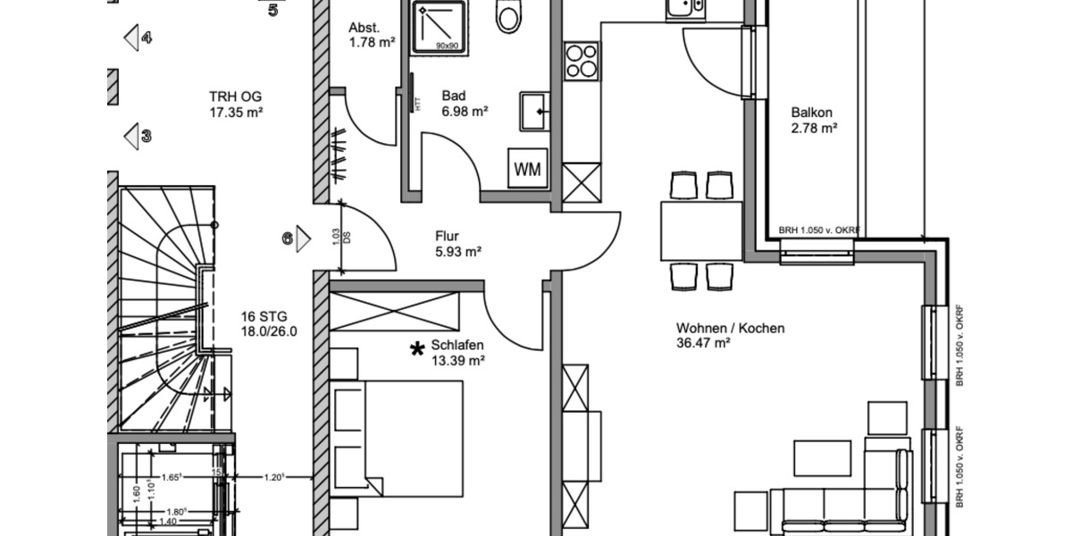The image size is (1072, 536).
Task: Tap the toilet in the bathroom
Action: (x=509, y=15)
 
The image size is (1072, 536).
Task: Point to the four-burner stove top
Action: (x=582, y=62)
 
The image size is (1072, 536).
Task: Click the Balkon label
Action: (x=812, y=113)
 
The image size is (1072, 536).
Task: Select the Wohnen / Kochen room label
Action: (x=730, y=328)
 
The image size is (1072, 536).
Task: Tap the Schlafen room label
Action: (x=456, y=346)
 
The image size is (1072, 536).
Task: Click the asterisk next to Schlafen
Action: (x=416, y=350)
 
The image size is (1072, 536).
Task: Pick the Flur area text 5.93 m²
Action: (x=457, y=252)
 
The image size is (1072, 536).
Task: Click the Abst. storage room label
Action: (x=364, y=28)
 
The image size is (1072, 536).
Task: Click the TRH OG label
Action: (x=235, y=96)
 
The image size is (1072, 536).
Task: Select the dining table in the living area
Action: (x=701, y=230)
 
